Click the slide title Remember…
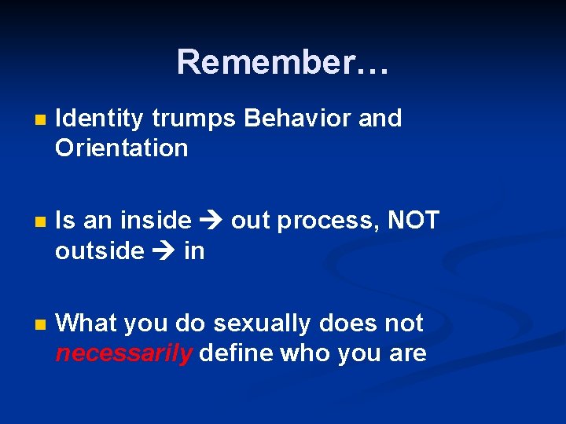click(x=282, y=62)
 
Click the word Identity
click(x=100, y=119)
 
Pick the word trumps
click(x=193, y=119)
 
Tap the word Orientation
click(x=122, y=148)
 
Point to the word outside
click(x=100, y=250)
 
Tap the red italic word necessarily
click(x=123, y=353)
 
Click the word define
click(x=237, y=353)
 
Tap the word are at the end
click(x=406, y=353)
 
